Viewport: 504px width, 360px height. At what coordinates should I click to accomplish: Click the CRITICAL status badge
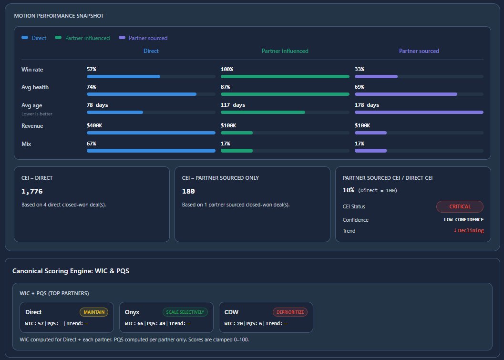[x=460, y=206]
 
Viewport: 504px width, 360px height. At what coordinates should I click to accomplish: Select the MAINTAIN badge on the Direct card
[x=94, y=312]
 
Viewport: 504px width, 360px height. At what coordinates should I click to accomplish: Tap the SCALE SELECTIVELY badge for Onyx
[x=185, y=312]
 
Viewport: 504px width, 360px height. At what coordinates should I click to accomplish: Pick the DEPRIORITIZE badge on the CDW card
[x=290, y=312]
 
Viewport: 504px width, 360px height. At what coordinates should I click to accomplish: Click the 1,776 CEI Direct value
[x=32, y=191]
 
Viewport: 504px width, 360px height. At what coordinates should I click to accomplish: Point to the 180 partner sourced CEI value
[x=188, y=191]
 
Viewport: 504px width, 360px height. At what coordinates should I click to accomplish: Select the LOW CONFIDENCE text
[x=463, y=220]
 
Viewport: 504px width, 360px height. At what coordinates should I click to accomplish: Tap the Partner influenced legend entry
[x=87, y=38]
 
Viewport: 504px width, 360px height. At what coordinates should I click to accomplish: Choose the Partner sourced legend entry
[x=148, y=38]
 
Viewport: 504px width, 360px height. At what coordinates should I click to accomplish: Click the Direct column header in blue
[x=151, y=51]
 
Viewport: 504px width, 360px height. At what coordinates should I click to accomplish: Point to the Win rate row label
[x=32, y=70]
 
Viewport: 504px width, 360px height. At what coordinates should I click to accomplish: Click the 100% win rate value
[x=226, y=70]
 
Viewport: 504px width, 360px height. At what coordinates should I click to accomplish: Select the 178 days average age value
[x=367, y=105]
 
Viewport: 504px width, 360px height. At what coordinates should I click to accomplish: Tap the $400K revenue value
[x=94, y=126]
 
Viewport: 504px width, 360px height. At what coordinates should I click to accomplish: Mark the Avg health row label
[x=35, y=87]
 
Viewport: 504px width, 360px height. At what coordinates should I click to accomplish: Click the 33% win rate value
[x=359, y=70]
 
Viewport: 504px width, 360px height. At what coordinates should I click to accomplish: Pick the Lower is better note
[x=37, y=114]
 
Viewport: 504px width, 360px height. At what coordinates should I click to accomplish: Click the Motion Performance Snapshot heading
[x=59, y=16]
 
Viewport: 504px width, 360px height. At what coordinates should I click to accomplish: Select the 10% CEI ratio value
[x=348, y=190]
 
